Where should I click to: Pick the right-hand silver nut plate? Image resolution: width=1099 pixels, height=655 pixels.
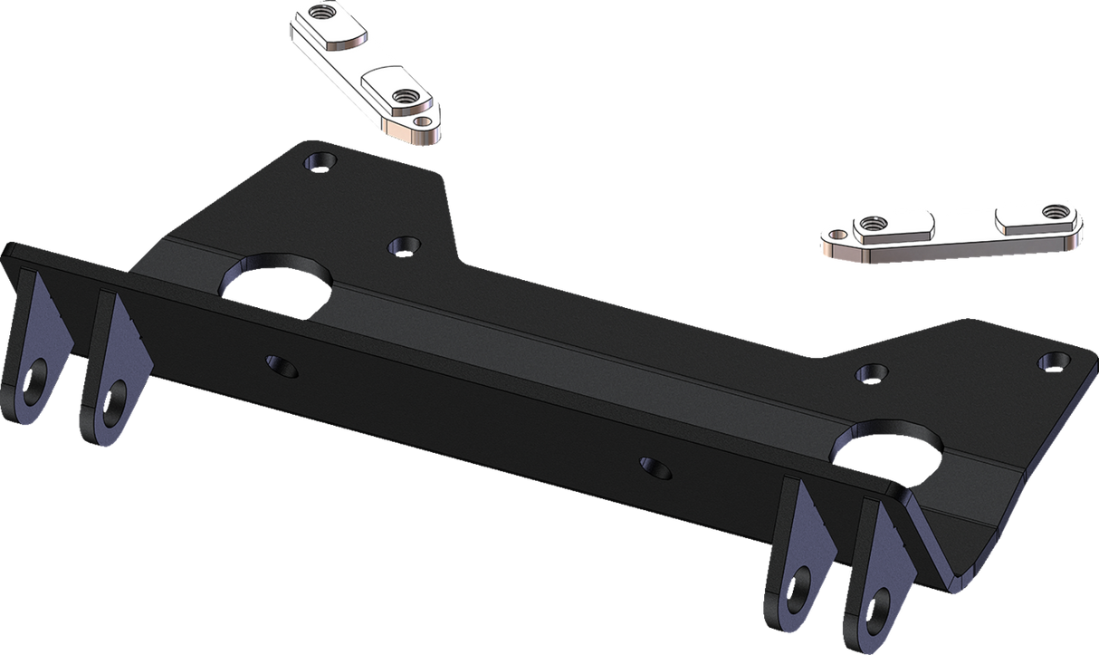[951, 231]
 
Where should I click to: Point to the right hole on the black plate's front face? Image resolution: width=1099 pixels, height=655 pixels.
[655, 467]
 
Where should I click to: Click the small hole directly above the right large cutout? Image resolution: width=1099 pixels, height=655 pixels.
[870, 371]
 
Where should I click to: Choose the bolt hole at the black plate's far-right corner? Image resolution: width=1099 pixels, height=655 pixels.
[1049, 361]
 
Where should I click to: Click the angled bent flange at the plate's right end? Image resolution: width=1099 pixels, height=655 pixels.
[960, 525]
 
